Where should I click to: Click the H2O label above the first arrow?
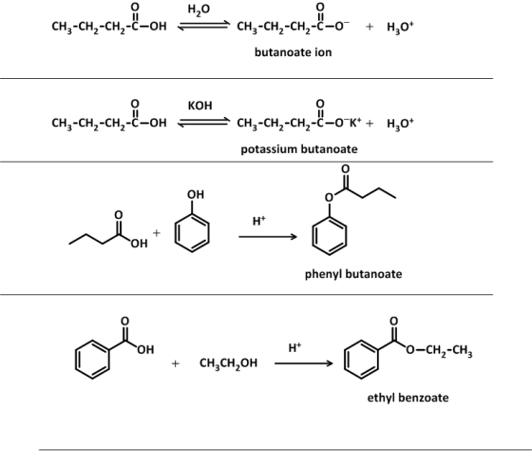click(199, 10)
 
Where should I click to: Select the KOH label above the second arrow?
click(200, 106)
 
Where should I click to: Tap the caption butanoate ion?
click(294, 52)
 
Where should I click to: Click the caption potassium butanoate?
click(299, 149)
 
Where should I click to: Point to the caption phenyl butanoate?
click(353, 274)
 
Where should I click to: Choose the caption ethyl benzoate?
click(408, 398)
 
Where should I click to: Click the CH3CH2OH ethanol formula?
click(228, 363)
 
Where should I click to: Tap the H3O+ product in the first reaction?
click(400, 27)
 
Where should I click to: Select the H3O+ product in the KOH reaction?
click(400, 123)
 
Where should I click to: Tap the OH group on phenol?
click(196, 194)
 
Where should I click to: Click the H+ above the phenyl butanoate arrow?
click(258, 221)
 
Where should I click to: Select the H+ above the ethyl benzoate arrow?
click(294, 347)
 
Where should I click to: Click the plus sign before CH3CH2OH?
click(175, 363)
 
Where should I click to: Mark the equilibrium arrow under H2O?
click(203, 26)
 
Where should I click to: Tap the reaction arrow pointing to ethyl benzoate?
click(304, 363)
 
